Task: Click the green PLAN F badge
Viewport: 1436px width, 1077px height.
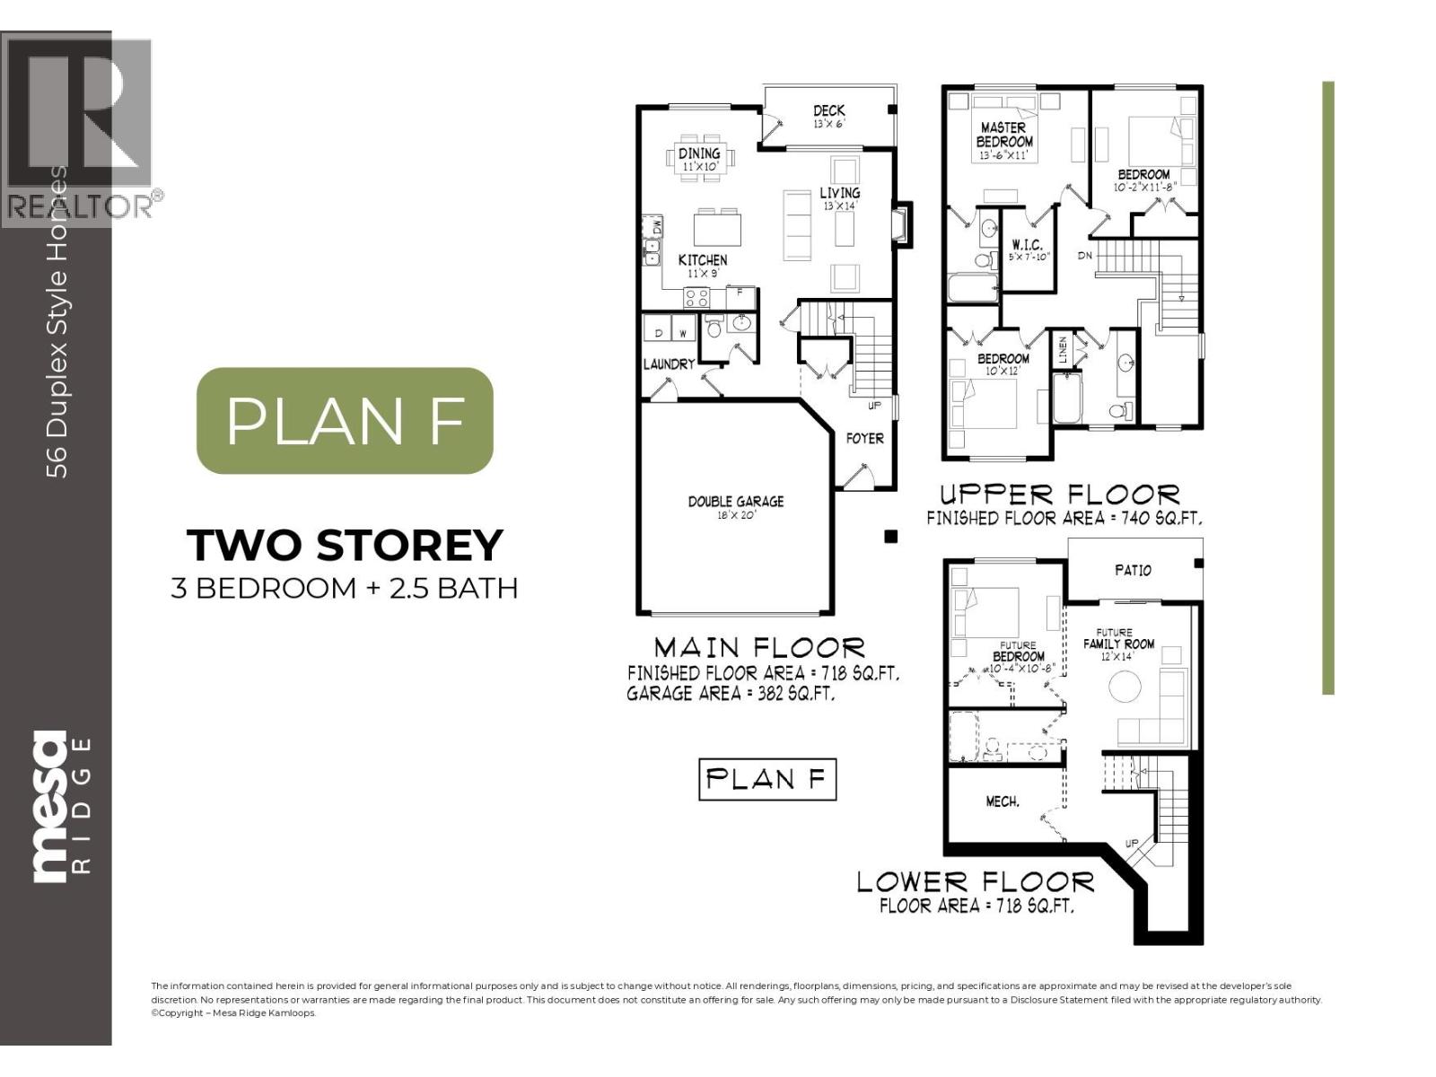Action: [x=345, y=420]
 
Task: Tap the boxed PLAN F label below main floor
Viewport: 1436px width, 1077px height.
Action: [x=766, y=778]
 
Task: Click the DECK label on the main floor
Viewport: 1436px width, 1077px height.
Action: [x=828, y=111]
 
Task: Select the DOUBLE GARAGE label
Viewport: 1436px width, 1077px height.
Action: [x=735, y=502]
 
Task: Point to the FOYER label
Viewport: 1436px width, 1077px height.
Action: [x=864, y=438]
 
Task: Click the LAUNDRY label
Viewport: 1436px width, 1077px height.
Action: [x=669, y=363]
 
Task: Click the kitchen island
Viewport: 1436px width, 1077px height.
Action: [x=717, y=227]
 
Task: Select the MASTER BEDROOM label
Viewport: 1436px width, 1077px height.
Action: [x=1004, y=135]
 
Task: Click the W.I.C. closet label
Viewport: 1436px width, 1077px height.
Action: [x=1026, y=244]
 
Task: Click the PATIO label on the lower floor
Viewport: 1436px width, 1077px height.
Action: [x=1133, y=570]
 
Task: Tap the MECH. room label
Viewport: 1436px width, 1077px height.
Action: [x=1002, y=801]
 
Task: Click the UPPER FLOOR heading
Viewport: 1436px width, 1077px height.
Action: [x=1060, y=495]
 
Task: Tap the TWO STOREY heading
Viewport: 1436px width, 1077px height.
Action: [x=345, y=545]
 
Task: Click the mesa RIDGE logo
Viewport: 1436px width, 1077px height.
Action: [x=61, y=806]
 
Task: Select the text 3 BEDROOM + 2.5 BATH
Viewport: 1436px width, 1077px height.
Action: [x=345, y=588]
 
